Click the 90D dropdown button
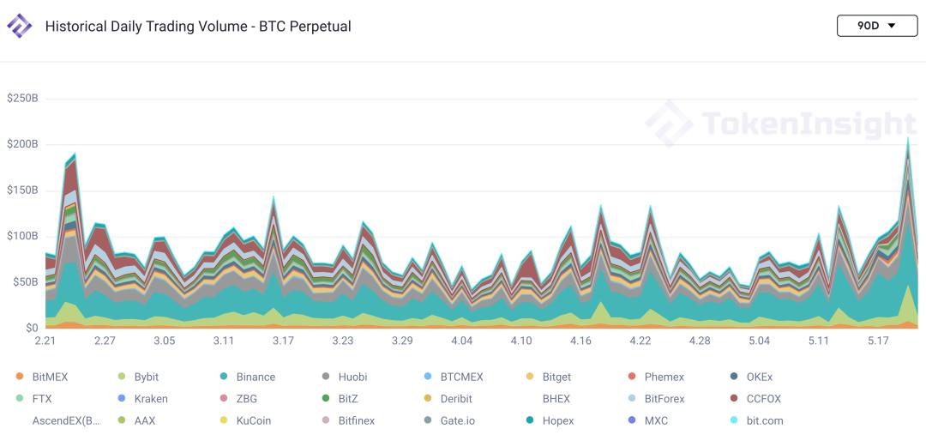876,26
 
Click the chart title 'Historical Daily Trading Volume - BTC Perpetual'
198,27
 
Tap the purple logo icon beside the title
19,26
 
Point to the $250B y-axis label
22,98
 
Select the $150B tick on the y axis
22,190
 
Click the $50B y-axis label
25,281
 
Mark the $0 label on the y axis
31,328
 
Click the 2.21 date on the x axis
45,341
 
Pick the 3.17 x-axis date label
283,341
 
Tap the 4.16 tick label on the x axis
580,341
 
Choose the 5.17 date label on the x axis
877,341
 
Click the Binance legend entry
256,377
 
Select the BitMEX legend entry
50,377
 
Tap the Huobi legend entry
352,377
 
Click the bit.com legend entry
765,421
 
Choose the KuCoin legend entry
254,421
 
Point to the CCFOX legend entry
763,399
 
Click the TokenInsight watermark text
809,124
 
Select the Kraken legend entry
151,399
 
